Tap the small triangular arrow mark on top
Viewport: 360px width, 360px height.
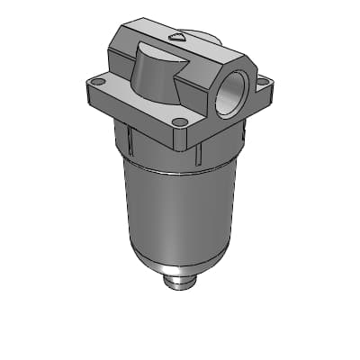pos(177,37)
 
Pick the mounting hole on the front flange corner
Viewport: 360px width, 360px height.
pos(179,121)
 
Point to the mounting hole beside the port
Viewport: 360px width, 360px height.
pos(262,81)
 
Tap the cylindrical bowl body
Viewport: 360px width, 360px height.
pos(180,207)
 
